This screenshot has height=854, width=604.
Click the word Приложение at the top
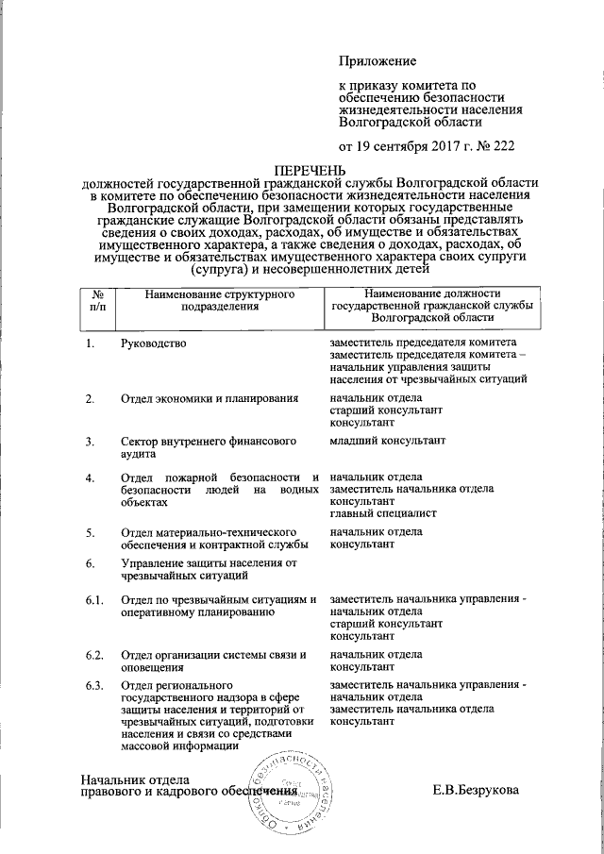(377, 61)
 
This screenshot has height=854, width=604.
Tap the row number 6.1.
(93, 600)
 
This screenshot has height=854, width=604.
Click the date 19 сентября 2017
(411, 145)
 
